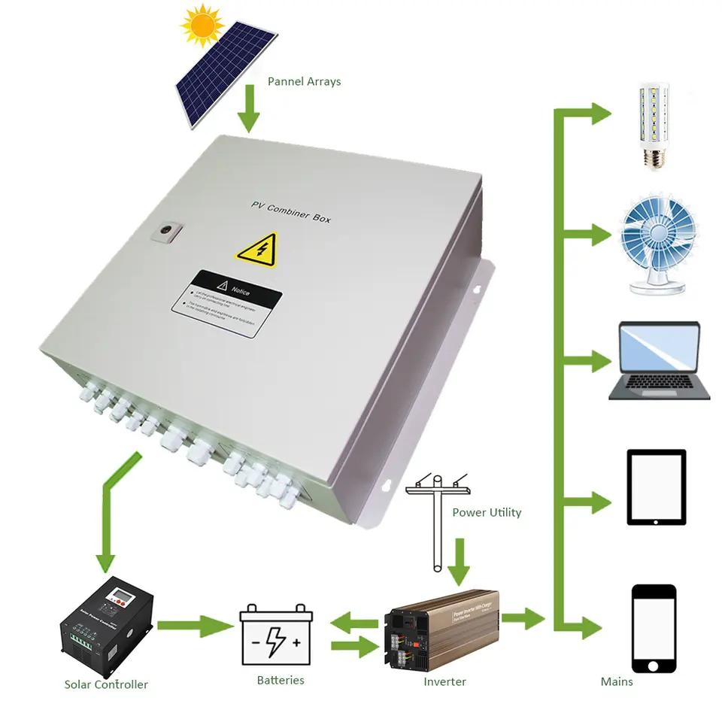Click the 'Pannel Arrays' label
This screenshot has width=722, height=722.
pyautogui.click(x=304, y=81)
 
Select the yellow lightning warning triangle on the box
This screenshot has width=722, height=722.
pyautogui.click(x=256, y=249)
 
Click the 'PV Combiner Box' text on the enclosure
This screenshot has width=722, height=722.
pyautogui.click(x=290, y=211)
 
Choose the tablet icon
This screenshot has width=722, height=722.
pyautogui.click(x=657, y=487)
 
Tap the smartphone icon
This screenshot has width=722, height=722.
pyautogui.click(x=654, y=628)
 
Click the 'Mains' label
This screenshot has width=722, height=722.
pyautogui.click(x=616, y=681)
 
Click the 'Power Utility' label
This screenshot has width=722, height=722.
pyautogui.click(x=486, y=512)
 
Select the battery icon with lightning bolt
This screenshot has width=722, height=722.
pyautogui.click(x=276, y=636)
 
